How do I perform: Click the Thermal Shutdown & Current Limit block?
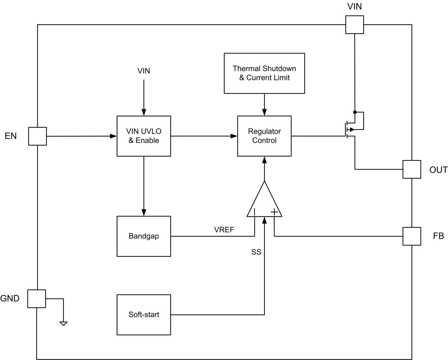pyautogui.click(x=264, y=73)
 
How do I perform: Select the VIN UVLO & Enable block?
pyautogui.click(x=144, y=136)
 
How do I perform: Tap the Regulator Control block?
pyautogui.click(x=264, y=136)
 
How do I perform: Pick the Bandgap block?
pyautogui.click(x=144, y=236)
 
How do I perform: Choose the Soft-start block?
pyautogui.click(x=144, y=315)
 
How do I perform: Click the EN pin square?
pyautogui.click(x=37, y=136)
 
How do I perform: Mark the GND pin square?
pyautogui.click(x=36, y=299)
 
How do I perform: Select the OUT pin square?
pyautogui.click(x=412, y=169)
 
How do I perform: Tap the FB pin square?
pyautogui.click(x=412, y=236)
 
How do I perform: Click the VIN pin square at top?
pyautogui.click(x=355, y=24)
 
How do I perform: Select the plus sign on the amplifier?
pyautogui.click(x=274, y=212)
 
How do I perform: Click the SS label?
pyautogui.click(x=256, y=252)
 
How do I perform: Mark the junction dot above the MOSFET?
pyautogui.click(x=355, y=112)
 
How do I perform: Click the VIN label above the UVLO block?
pyautogui.click(x=144, y=71)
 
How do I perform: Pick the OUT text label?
pyautogui.click(x=438, y=170)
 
